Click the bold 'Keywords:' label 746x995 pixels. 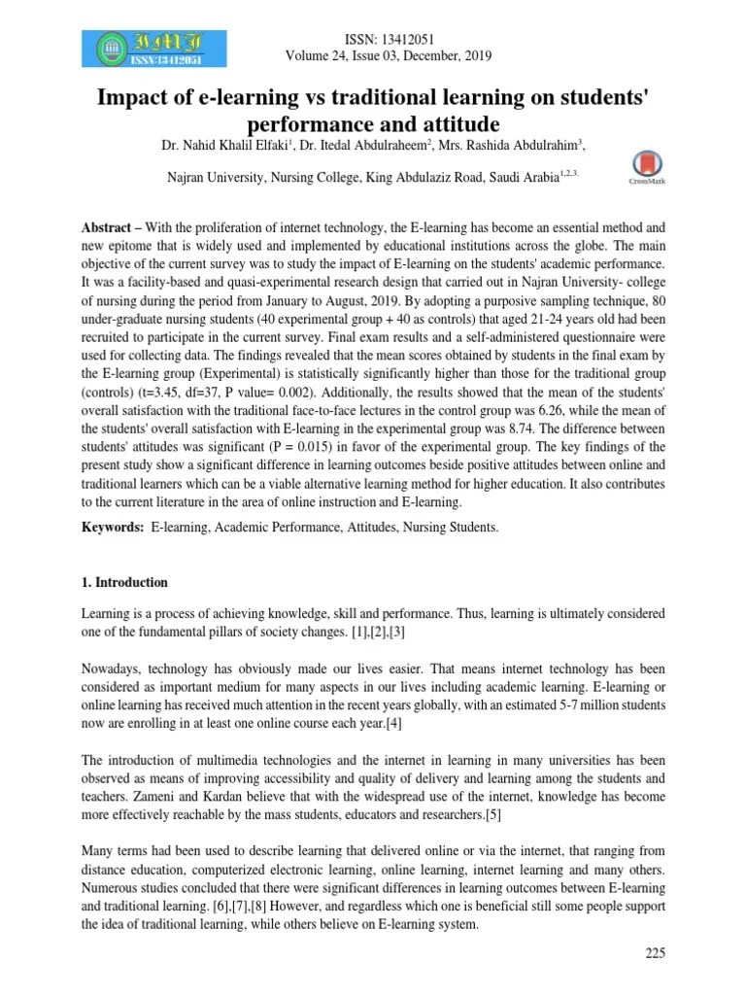[x=113, y=527]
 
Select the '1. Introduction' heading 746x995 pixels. [x=124, y=583]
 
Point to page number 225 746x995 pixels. [x=655, y=953]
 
